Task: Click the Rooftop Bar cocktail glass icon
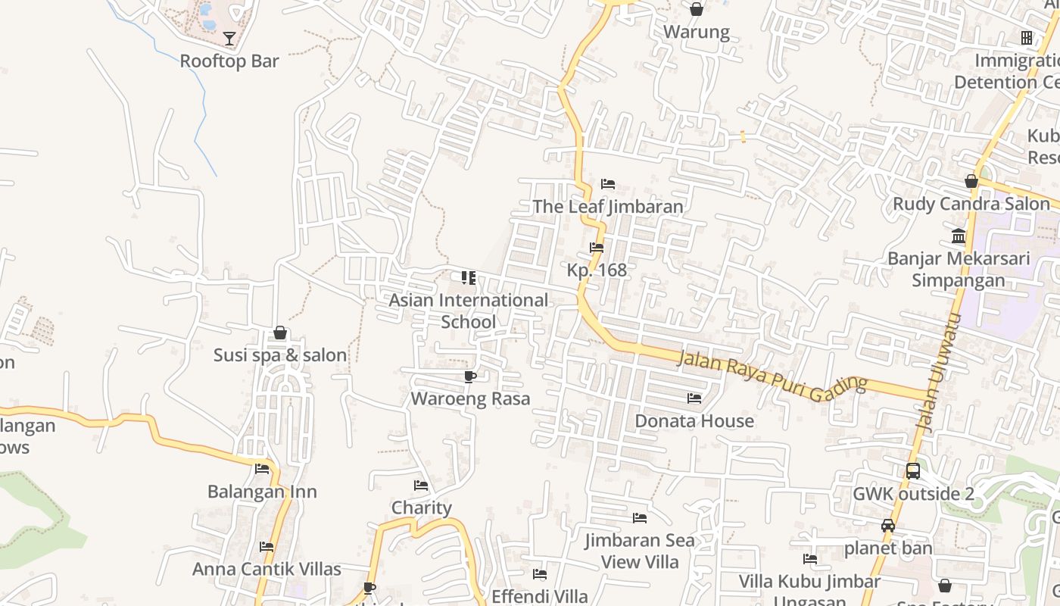click(229, 38)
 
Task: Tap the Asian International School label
click(468, 311)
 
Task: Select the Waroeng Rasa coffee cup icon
click(470, 376)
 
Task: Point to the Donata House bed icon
click(694, 398)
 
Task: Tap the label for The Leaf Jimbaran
click(607, 206)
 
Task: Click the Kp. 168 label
click(597, 270)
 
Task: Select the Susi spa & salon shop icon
click(280, 333)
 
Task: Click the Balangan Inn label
click(262, 492)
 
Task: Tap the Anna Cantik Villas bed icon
click(266, 546)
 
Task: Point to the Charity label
click(421, 508)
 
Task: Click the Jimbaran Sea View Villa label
click(640, 551)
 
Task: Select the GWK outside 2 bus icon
click(913, 470)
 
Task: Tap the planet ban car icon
click(888, 526)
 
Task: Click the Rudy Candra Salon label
click(971, 204)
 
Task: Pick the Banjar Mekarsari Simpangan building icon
click(959, 236)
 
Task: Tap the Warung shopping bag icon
click(697, 9)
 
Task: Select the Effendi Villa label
click(539, 596)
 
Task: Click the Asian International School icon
click(469, 278)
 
